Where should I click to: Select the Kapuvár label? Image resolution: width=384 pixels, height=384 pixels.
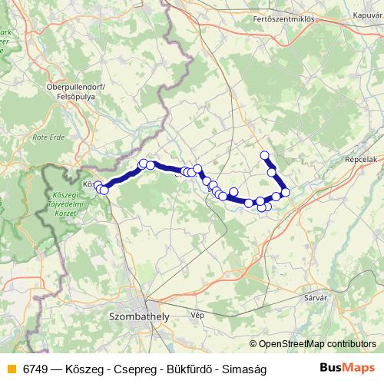(367, 15)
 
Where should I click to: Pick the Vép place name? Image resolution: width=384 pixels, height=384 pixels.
(197, 315)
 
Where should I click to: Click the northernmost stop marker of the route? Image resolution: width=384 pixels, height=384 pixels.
(265, 156)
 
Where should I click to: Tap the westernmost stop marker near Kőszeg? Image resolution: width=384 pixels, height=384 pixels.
(98, 185)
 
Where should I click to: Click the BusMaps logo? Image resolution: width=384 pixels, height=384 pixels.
(347, 369)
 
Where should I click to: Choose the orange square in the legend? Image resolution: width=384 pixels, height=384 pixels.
(10, 369)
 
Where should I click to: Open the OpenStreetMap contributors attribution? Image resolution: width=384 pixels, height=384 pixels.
(317, 344)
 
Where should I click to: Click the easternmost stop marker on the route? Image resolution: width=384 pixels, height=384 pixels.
(286, 192)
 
